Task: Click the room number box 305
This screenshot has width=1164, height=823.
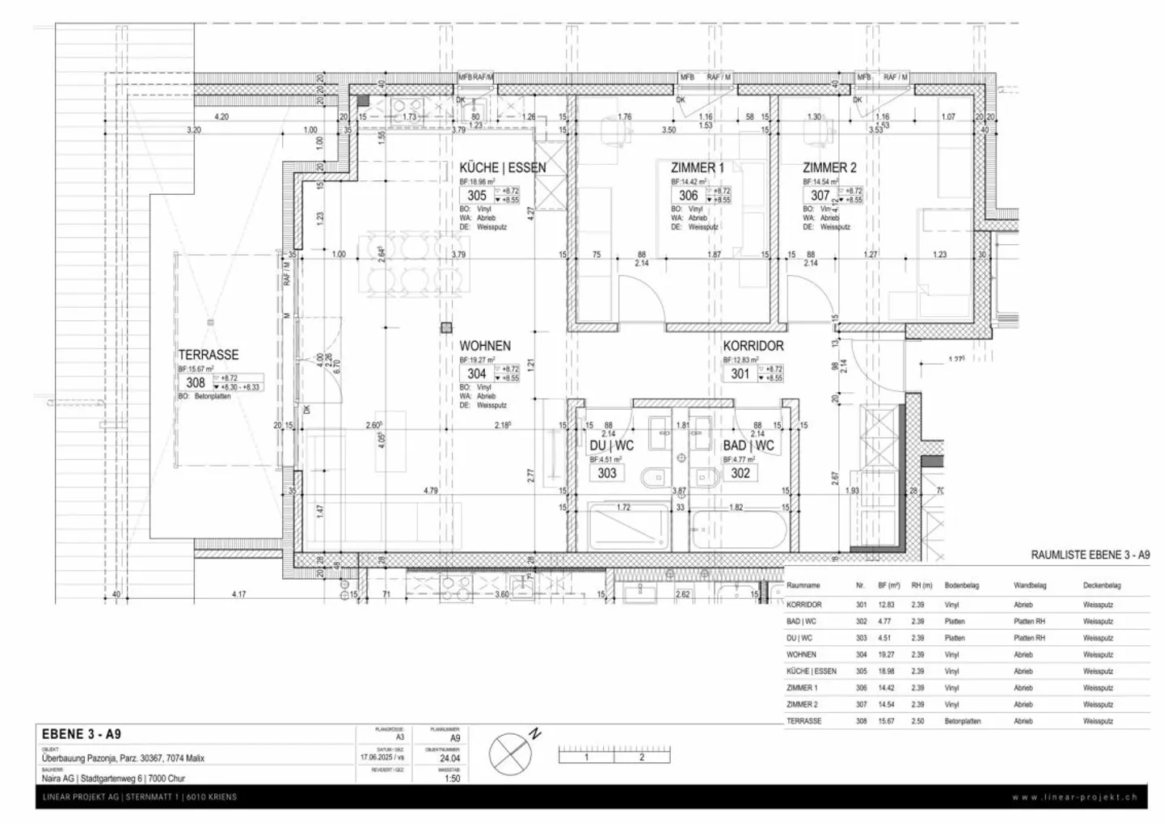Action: pyautogui.click(x=477, y=196)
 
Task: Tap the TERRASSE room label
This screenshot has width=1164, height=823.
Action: pyautogui.click(x=209, y=355)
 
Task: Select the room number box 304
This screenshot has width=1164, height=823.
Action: pyautogui.click(x=477, y=374)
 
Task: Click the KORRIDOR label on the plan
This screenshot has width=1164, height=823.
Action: pyautogui.click(x=753, y=346)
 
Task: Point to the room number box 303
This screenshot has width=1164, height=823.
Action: pyautogui.click(x=606, y=473)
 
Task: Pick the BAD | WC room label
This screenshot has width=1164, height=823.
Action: pyautogui.click(x=748, y=445)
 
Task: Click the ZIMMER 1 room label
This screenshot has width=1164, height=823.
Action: pyautogui.click(x=698, y=168)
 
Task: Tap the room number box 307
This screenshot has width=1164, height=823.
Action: pyautogui.click(x=820, y=196)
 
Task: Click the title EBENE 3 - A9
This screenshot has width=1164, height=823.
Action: pyautogui.click(x=81, y=734)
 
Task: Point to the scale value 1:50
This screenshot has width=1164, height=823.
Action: pyautogui.click(x=453, y=779)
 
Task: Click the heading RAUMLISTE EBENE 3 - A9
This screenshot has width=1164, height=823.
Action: pyautogui.click(x=1090, y=555)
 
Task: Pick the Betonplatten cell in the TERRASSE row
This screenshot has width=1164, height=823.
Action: pyautogui.click(x=963, y=721)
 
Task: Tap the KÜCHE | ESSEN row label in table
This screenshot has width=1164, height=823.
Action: pyautogui.click(x=811, y=671)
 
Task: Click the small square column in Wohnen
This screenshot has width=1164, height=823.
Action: pyautogui.click(x=445, y=327)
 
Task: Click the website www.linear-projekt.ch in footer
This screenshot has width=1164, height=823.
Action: pyautogui.click(x=1074, y=797)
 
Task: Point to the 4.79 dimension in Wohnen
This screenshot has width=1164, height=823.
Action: pyautogui.click(x=430, y=491)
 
